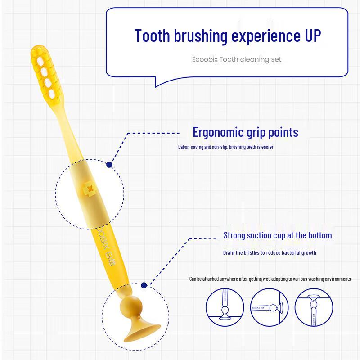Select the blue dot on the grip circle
click(109, 165)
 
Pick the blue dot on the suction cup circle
click(144, 285)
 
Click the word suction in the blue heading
click(263, 235)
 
